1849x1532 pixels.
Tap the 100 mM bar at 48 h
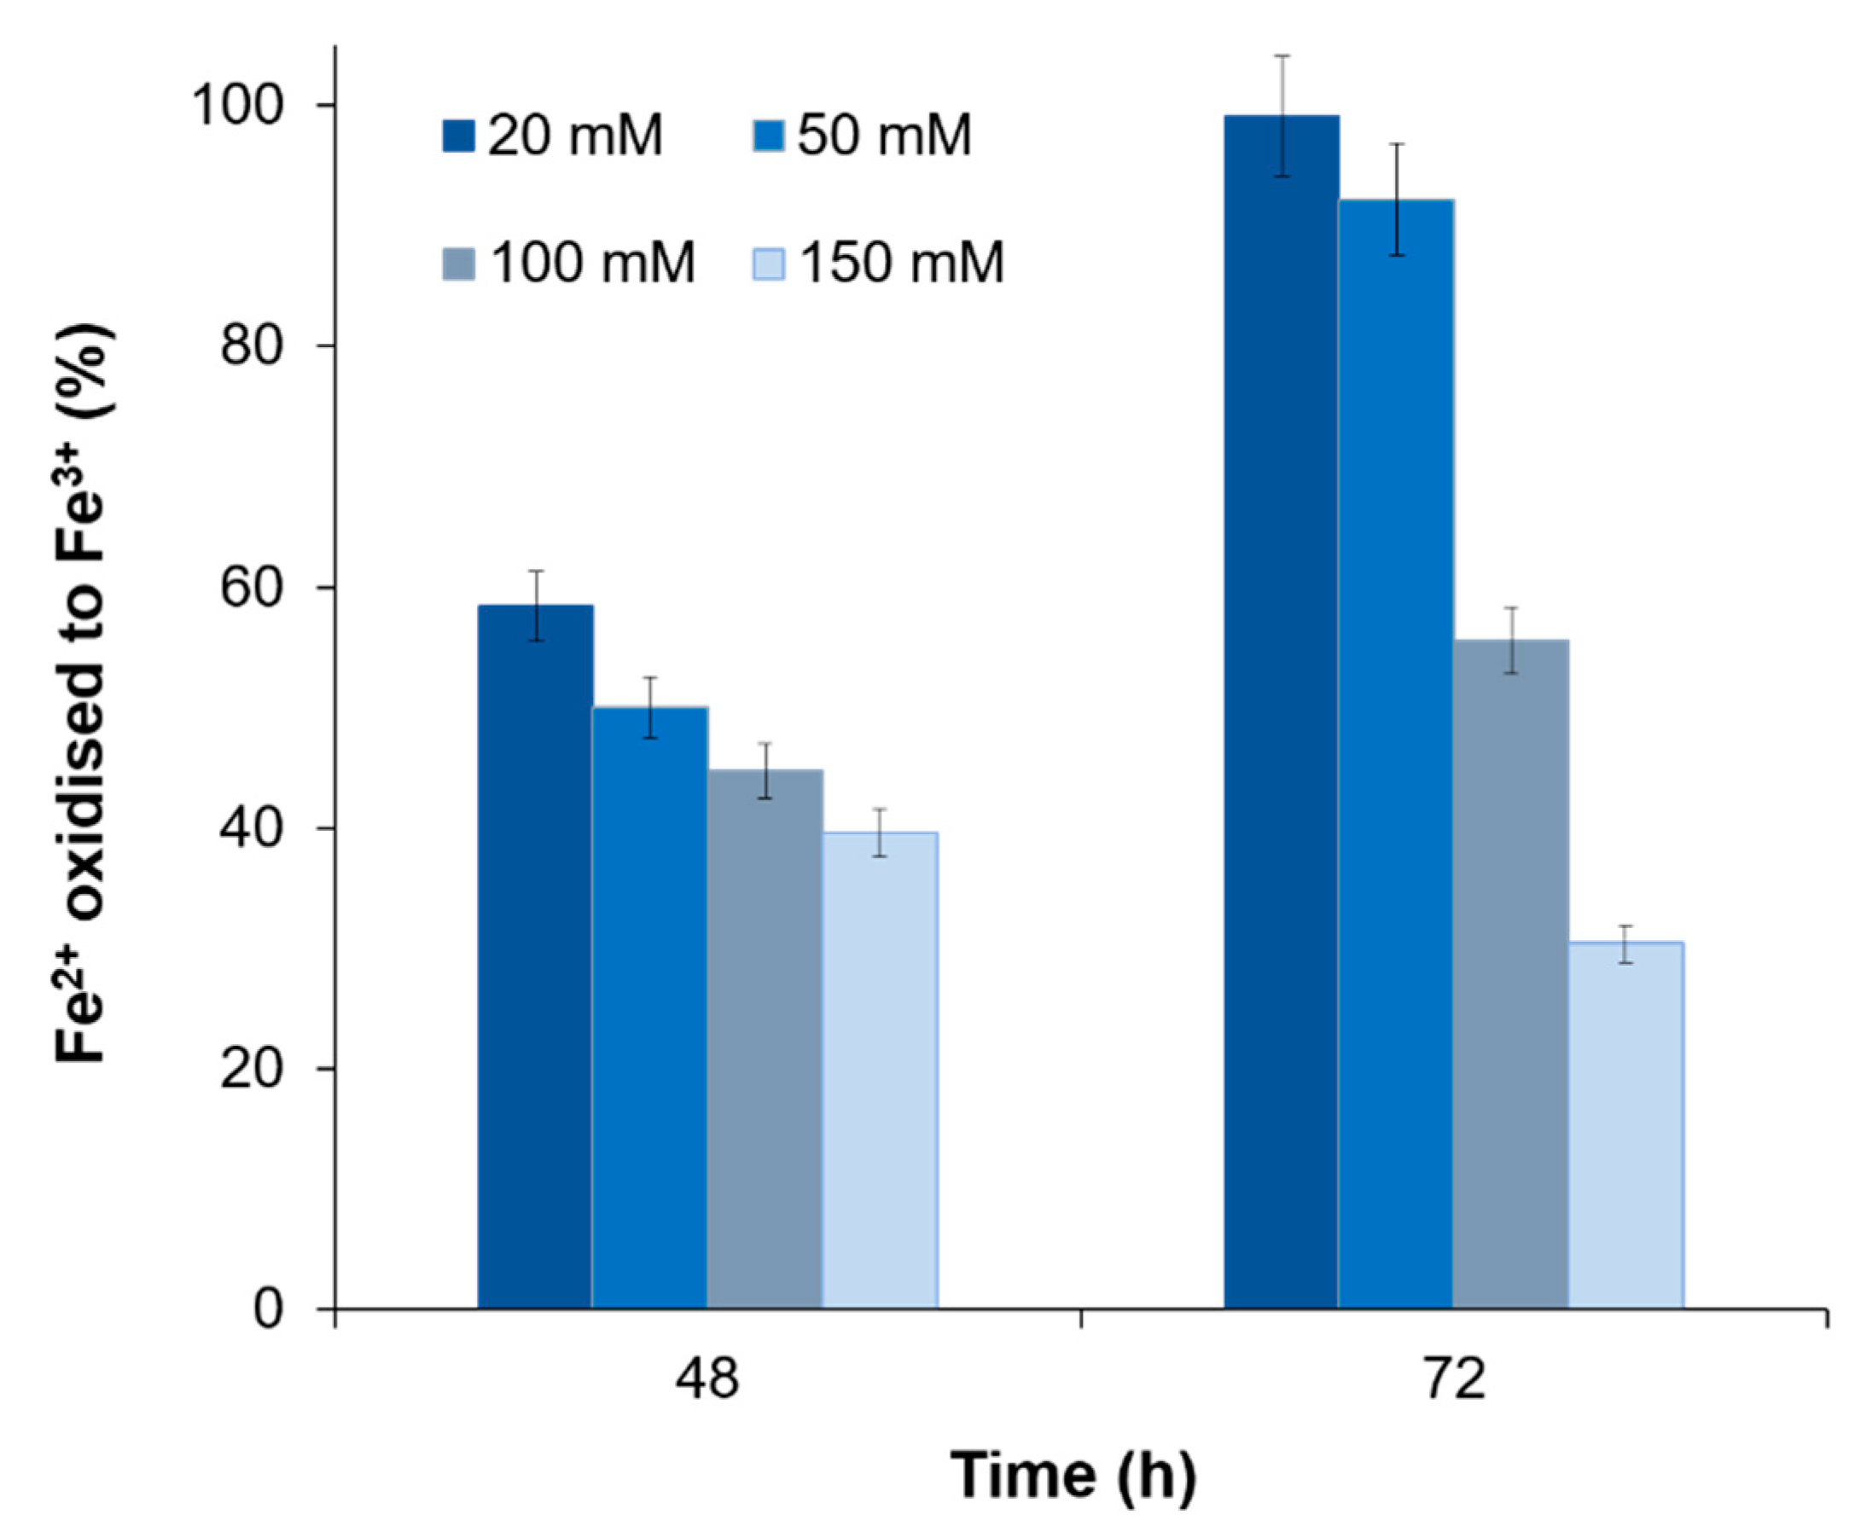[x=765, y=1039]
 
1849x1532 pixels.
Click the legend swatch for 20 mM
[x=458, y=136]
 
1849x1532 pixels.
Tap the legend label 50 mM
[x=884, y=136]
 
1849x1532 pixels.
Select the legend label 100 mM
[x=592, y=264]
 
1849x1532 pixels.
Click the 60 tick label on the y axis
[x=255, y=587]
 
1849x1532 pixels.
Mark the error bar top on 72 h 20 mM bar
[x=1282, y=56]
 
